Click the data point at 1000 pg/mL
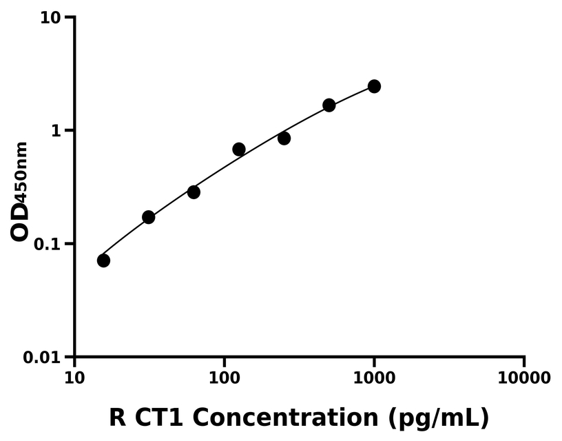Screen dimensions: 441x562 [374, 86]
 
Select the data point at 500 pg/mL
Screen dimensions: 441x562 [329, 105]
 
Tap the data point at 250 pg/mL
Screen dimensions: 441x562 [284, 139]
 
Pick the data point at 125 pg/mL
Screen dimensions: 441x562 [239, 150]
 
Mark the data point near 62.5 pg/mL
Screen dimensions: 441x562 [194, 192]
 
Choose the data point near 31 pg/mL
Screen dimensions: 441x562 [149, 217]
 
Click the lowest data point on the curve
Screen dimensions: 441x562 [103, 260]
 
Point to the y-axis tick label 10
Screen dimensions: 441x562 [50, 17]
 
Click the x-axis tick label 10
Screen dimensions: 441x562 [74, 378]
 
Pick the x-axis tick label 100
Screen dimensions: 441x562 [224, 378]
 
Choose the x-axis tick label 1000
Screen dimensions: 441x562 [374, 378]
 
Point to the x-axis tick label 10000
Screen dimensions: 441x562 [523, 378]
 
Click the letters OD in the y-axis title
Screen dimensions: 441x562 [21, 222]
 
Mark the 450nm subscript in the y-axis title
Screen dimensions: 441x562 [23, 172]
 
